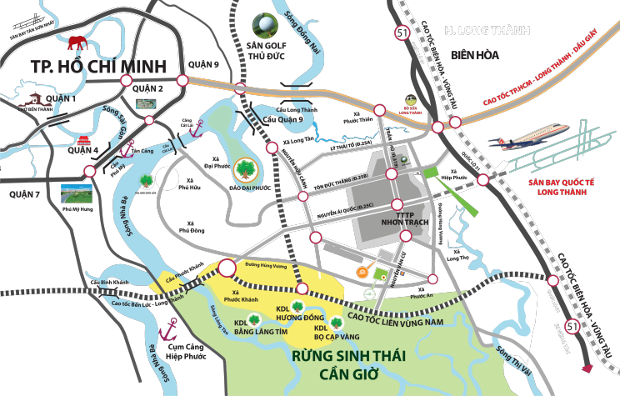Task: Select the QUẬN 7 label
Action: (x=25, y=194)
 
